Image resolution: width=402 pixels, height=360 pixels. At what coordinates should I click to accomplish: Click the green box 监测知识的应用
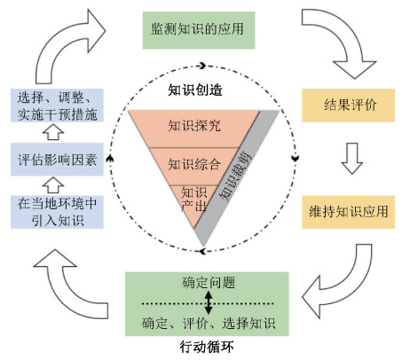click(199, 30)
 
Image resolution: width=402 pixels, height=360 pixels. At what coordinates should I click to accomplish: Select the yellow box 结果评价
click(348, 105)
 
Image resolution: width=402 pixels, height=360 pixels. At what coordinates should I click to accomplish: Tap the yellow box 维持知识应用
click(348, 212)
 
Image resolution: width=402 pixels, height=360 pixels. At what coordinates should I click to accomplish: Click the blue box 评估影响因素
click(57, 160)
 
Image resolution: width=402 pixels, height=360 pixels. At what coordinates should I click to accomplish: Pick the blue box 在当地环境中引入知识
click(57, 212)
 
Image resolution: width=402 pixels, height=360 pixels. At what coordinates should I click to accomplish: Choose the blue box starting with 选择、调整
click(57, 106)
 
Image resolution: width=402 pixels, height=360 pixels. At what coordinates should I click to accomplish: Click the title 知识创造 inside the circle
click(195, 90)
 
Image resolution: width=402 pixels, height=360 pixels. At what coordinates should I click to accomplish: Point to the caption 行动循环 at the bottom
click(207, 347)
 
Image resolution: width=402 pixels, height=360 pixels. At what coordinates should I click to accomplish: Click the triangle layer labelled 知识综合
click(194, 166)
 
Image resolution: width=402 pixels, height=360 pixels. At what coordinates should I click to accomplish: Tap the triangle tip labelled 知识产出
click(193, 201)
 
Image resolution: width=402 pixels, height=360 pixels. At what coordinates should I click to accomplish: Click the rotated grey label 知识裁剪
click(235, 176)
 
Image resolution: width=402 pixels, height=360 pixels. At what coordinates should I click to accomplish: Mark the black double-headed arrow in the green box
click(209, 302)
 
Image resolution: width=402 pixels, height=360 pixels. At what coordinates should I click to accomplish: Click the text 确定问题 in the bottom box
click(209, 283)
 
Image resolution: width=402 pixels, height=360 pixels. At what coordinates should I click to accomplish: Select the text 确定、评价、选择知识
click(209, 324)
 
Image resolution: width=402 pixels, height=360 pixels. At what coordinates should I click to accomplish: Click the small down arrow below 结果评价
click(352, 158)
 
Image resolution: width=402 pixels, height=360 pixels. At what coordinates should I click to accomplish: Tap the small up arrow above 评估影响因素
click(53, 132)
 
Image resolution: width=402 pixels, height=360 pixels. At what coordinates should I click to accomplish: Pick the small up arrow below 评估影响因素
click(53, 185)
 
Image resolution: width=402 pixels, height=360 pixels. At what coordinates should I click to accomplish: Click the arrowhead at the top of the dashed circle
click(202, 66)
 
